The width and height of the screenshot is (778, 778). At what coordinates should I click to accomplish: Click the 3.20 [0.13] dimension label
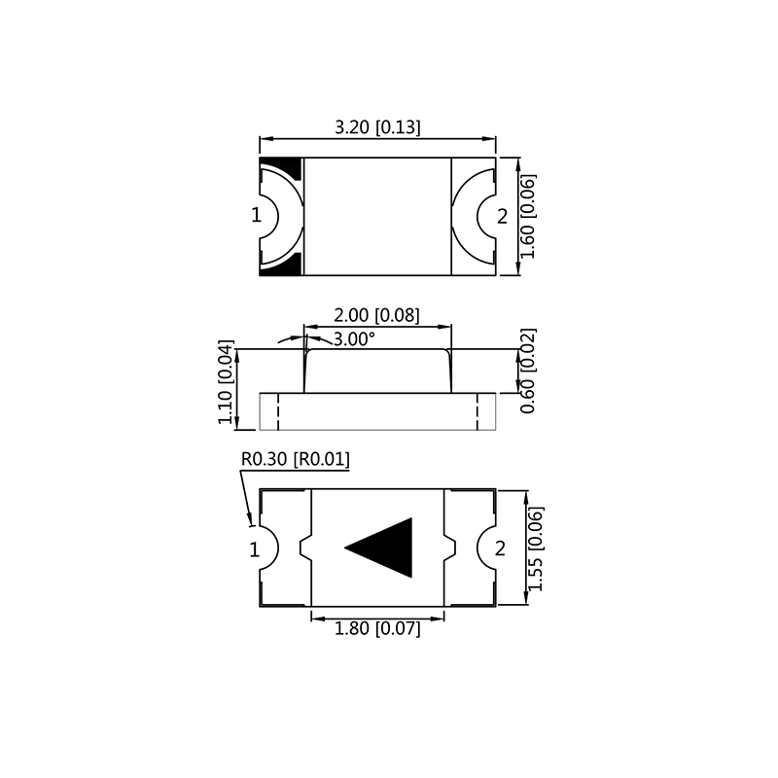pos(377,127)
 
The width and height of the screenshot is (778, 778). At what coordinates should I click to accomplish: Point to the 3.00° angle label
pos(354,339)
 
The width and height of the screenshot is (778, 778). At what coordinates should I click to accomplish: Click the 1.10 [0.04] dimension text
pos(226,384)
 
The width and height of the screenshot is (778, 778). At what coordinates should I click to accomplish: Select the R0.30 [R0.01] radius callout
pos(295,459)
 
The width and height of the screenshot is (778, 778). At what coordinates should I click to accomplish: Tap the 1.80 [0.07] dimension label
pos(377,629)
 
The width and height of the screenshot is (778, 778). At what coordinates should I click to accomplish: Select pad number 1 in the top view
pos(257,216)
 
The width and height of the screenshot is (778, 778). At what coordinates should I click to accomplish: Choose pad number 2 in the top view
pos(502,216)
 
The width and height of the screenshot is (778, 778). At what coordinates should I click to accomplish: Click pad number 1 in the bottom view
pos(255,549)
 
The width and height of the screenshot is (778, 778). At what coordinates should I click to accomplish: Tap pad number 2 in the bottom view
pos(500,548)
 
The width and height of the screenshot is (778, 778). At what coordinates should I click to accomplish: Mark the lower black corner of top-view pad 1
pos(277,265)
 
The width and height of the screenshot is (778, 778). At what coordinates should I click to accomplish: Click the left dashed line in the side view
pos(278,410)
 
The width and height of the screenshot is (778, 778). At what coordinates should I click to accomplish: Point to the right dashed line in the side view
pos(477,410)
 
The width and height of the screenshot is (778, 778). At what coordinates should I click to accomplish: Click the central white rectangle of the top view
pos(377,216)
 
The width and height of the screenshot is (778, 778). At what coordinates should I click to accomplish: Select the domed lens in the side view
pos(377,371)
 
